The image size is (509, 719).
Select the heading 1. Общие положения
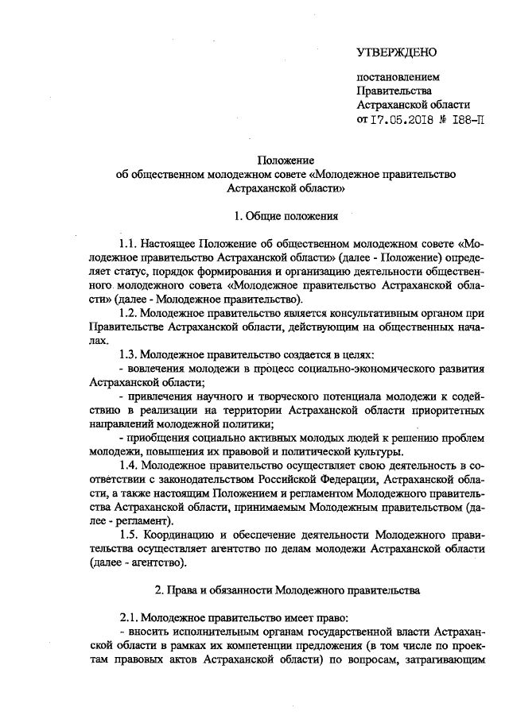(x=286, y=215)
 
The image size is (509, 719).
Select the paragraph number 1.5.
(x=129, y=536)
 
